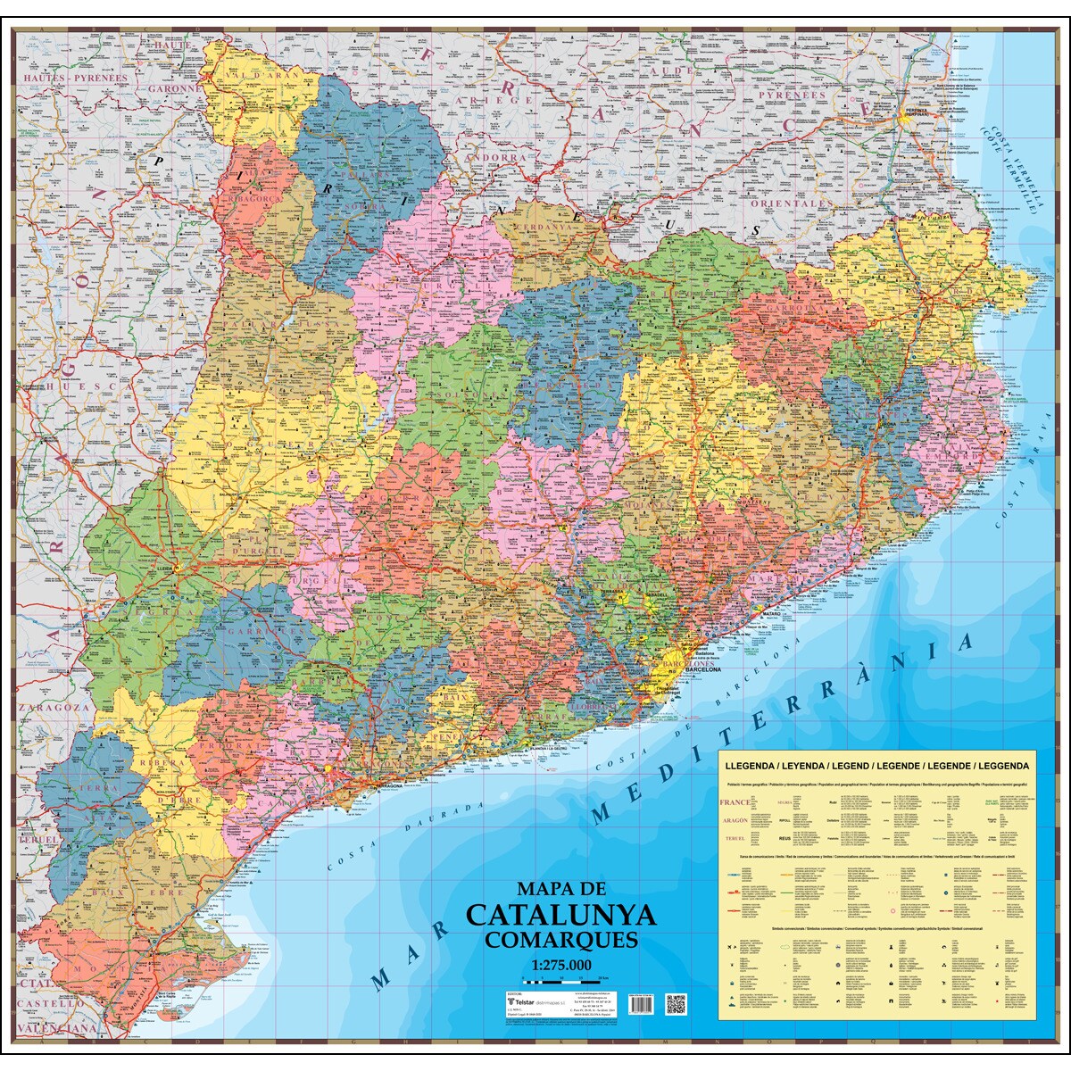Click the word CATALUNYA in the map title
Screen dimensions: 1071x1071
point(560,916)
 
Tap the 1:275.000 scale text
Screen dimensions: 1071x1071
point(561,965)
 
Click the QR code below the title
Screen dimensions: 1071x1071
point(676,1003)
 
